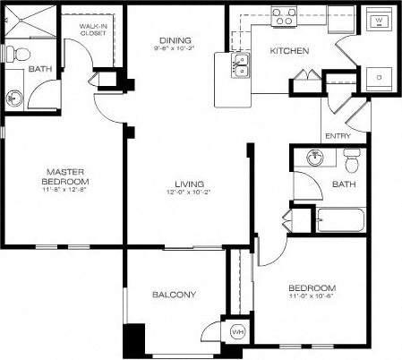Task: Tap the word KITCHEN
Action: click(289, 51)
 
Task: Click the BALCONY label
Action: click(174, 295)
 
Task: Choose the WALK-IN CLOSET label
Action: click(93, 31)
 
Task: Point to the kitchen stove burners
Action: click(285, 15)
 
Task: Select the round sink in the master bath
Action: click(13, 97)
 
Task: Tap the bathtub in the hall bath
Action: click(338, 219)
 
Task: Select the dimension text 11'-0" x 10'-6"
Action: click(312, 298)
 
